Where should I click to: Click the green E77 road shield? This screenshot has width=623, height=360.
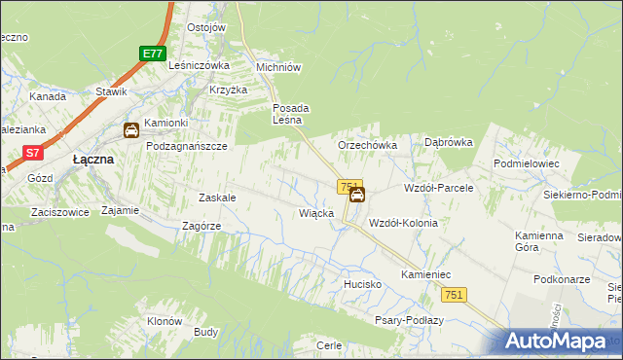coord(151,54)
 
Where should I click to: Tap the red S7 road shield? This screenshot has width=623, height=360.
coord(33,152)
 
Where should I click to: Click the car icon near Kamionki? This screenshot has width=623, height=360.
coord(130,130)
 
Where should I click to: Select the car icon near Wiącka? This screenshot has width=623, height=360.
coord(357,195)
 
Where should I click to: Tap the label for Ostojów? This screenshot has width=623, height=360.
coord(206,27)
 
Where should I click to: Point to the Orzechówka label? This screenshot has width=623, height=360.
coord(367,145)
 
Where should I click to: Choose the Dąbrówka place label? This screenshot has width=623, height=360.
coord(449,142)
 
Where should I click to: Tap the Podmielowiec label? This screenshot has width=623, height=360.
coord(527,164)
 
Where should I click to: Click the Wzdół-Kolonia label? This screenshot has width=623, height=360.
coord(403,223)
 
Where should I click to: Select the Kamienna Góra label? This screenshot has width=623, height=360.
coord(540,241)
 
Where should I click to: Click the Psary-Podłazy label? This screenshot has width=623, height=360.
coord(409,320)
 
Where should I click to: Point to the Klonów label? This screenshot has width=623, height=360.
coord(165,321)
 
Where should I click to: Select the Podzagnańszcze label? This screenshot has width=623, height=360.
coord(186,145)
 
